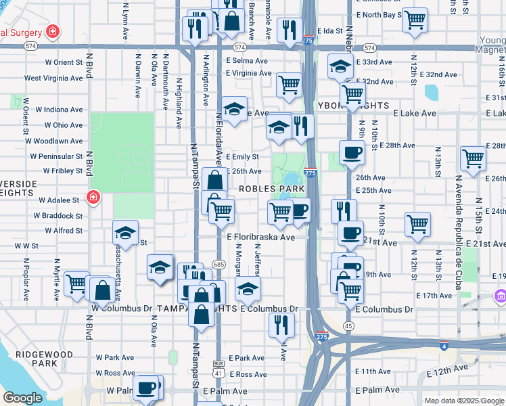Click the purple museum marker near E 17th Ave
[500, 296]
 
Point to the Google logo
[22, 398]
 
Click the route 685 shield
[217, 264]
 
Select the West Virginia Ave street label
[54, 78]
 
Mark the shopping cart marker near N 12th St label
[418, 224]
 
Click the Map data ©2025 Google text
[463, 401]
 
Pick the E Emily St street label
[243, 156]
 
